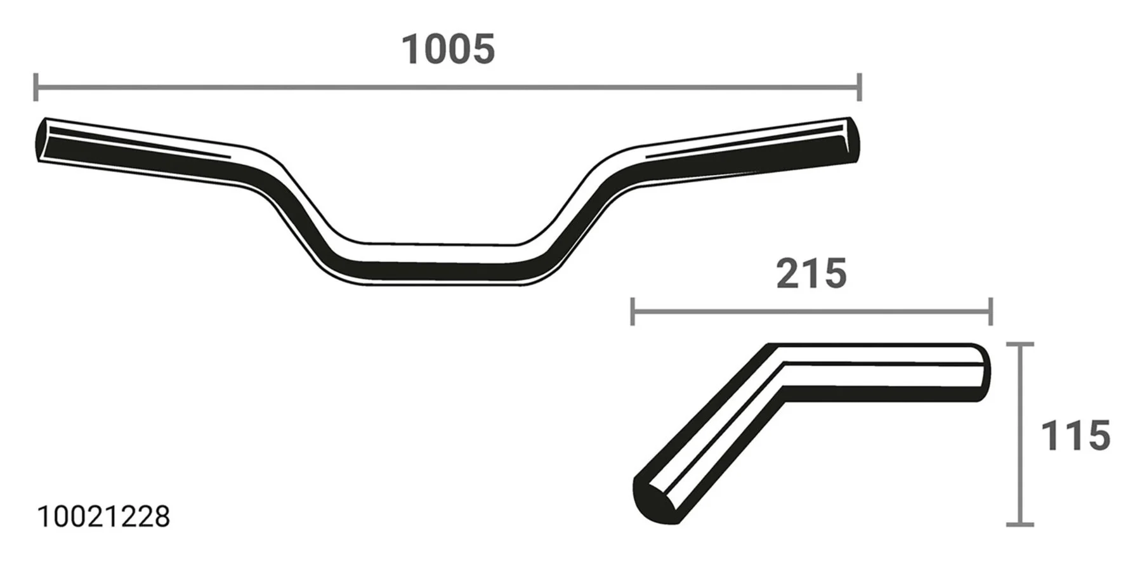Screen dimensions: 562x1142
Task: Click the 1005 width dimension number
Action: point(448,49)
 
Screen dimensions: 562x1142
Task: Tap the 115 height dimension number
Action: point(1075,436)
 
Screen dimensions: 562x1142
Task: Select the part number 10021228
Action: point(103,517)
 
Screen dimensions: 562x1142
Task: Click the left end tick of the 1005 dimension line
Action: point(36,87)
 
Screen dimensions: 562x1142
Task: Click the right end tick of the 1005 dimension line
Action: point(859,87)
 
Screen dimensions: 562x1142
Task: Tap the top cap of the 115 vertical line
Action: point(1020,344)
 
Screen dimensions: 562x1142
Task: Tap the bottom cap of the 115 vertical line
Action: point(1020,524)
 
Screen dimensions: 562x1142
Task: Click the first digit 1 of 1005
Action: point(412,49)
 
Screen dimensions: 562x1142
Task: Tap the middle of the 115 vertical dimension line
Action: point(1020,435)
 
